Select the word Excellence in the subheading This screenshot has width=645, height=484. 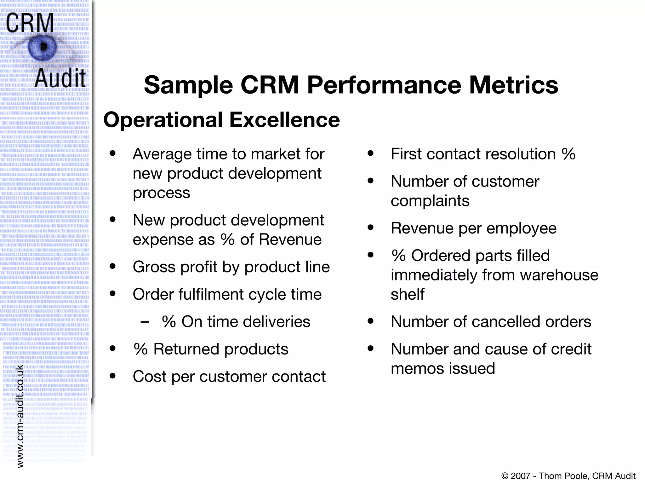[284, 120]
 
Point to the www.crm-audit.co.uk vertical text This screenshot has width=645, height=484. [20, 416]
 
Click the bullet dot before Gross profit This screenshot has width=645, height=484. [112, 267]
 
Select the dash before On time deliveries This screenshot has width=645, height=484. [145, 322]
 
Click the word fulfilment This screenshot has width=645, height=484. [211, 294]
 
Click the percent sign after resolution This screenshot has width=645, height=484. [568, 154]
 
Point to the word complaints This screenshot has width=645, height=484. [430, 201]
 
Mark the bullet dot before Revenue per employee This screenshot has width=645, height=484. [370, 228]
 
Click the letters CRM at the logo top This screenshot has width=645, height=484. [30, 23]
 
